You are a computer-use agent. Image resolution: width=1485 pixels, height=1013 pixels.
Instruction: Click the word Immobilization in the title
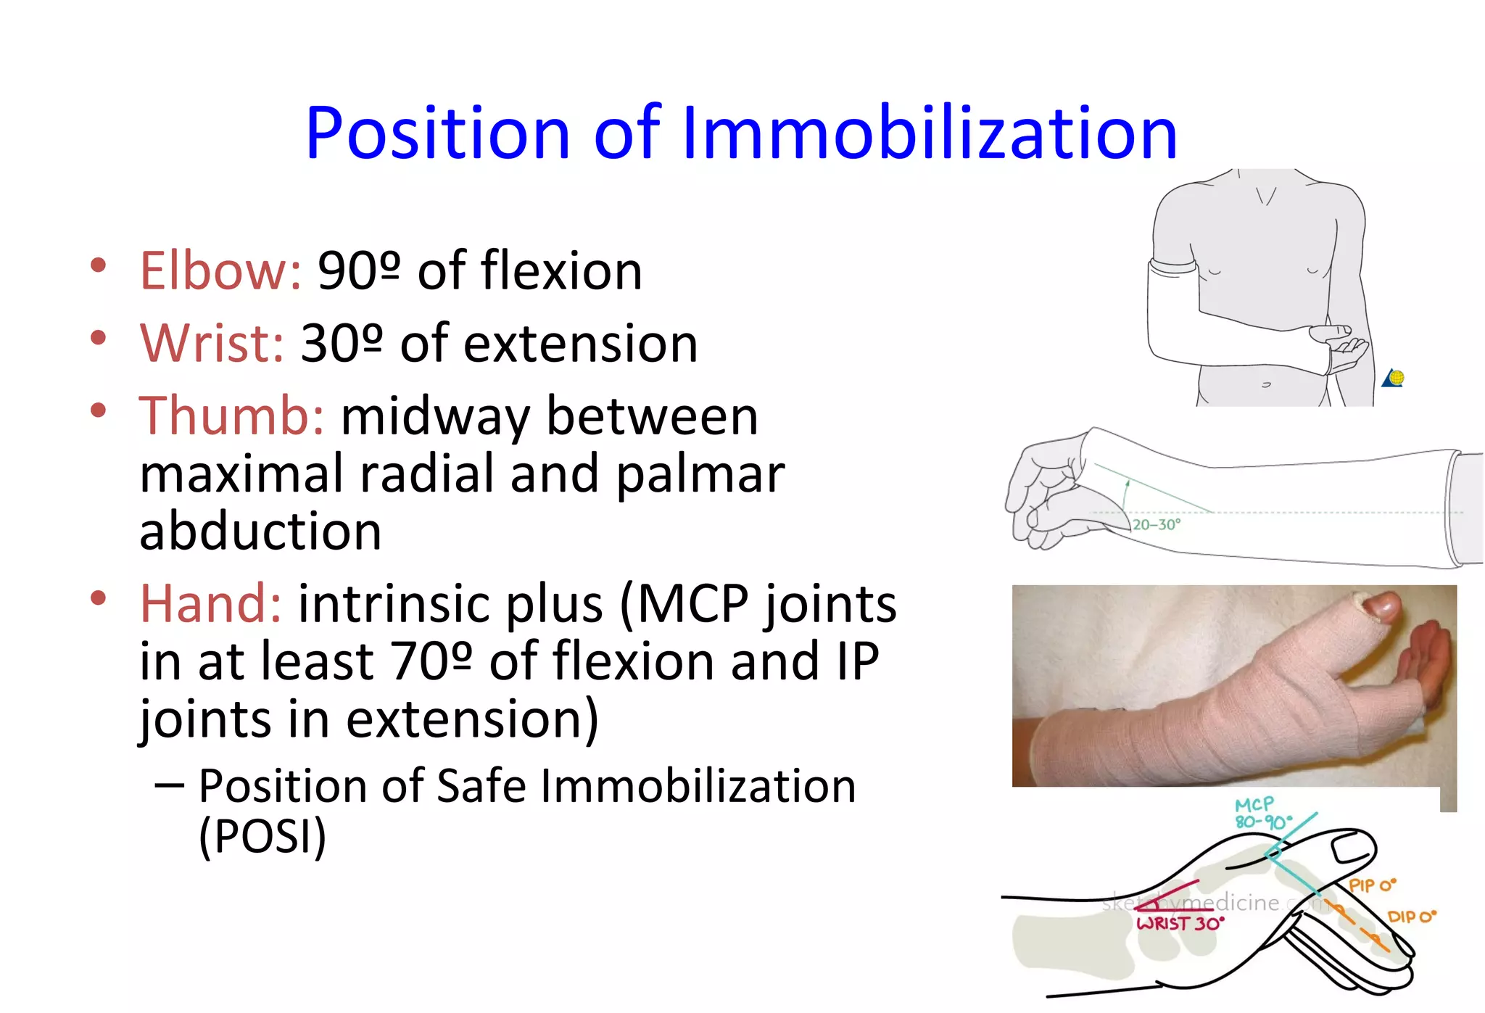coord(930,133)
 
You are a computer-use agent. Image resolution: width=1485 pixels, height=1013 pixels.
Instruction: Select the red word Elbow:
coord(220,271)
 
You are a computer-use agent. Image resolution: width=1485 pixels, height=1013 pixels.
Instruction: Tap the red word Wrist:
coord(212,344)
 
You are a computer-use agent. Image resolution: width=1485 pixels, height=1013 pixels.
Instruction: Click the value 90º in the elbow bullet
coord(359,271)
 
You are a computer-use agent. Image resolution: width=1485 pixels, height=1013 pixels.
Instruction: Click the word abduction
coord(260,532)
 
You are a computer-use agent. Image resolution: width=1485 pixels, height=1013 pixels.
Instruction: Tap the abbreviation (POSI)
coord(262,836)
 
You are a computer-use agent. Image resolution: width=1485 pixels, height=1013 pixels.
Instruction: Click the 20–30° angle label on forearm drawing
coord(1157,524)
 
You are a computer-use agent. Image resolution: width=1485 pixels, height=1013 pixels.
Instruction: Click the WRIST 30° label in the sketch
coord(1180,923)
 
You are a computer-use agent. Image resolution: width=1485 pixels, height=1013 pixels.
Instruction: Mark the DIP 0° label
coord(1411,917)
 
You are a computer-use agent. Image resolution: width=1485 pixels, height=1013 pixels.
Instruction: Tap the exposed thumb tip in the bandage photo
coord(1381,606)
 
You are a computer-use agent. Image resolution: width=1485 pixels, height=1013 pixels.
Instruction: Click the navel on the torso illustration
coord(1266,384)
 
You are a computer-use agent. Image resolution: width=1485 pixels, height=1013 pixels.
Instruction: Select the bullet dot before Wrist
coord(99,338)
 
